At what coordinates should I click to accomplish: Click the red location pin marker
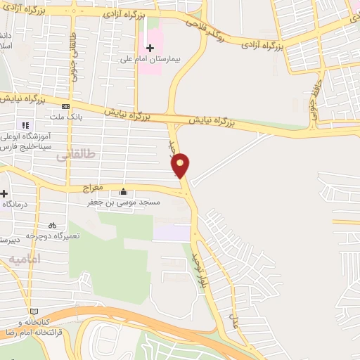point(181,165)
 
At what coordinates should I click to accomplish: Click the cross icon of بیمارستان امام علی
point(150,67)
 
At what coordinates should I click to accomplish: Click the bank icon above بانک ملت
point(66,106)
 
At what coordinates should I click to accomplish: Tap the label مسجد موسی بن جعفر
point(124,202)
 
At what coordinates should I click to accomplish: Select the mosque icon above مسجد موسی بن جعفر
point(124,191)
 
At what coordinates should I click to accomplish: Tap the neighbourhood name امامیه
point(26,259)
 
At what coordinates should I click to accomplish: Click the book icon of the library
point(32,311)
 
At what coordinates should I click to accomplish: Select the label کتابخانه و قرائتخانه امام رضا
point(32,327)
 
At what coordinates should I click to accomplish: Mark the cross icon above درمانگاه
point(4,193)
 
